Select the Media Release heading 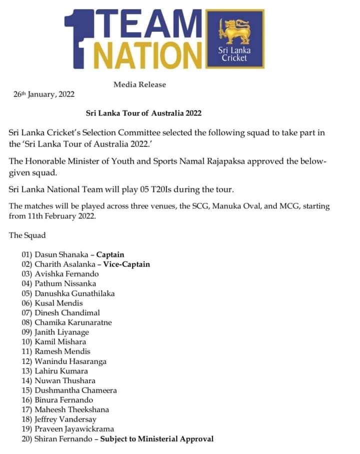click(139, 84)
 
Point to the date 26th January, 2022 click(44, 94)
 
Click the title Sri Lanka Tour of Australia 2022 click(143, 113)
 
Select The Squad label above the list click(27, 235)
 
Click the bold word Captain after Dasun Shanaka click(110, 254)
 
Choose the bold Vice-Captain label click(126, 264)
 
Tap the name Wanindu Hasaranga click(70, 361)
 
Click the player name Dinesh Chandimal click(67, 313)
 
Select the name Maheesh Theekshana click(72, 410)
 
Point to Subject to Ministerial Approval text click(157, 439)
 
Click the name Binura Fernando click(64, 400)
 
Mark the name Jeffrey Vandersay click(65, 419)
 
